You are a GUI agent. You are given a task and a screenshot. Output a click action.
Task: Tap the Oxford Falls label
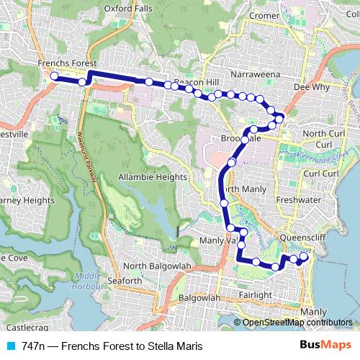coord(127,9)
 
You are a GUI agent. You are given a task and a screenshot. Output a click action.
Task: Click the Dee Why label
coord(312,87)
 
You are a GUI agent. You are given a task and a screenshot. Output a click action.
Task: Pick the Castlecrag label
coord(21,307)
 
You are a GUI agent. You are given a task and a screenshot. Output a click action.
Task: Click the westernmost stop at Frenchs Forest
coord(54,76)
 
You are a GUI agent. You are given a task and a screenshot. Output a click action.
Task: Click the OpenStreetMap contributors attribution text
coord(297,323)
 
